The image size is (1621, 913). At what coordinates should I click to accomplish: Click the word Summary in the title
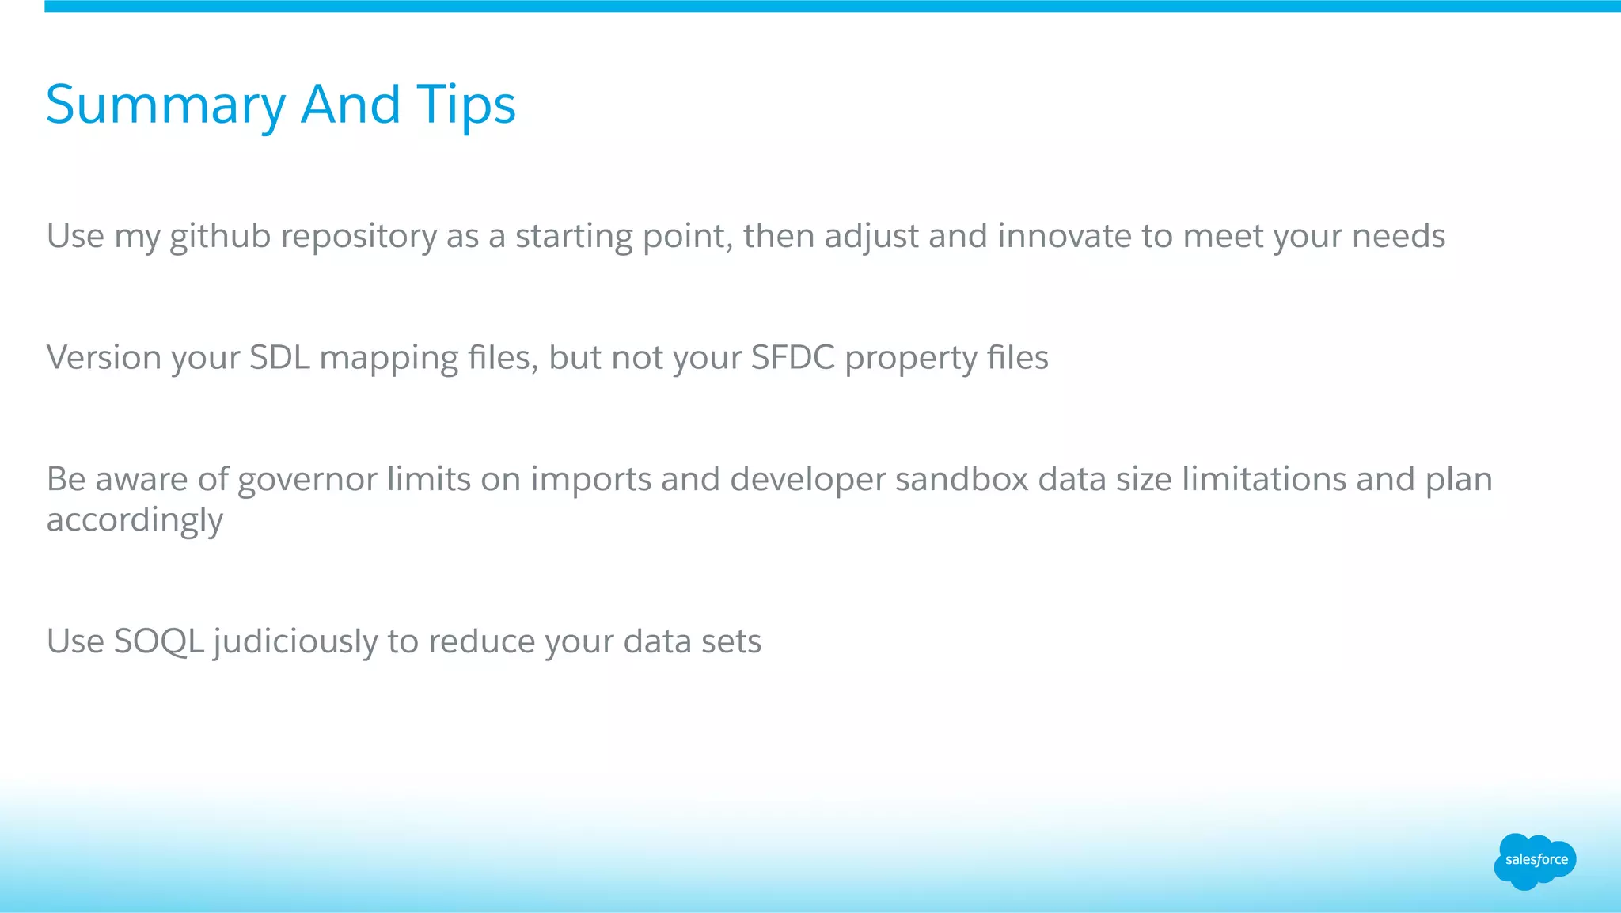165,105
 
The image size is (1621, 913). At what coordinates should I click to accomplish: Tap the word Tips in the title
466,105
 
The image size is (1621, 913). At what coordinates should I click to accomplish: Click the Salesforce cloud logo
1535,861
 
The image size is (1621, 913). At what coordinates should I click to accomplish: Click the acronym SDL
279,357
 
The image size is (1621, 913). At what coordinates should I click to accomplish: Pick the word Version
104,357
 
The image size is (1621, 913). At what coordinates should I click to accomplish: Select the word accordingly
135,521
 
